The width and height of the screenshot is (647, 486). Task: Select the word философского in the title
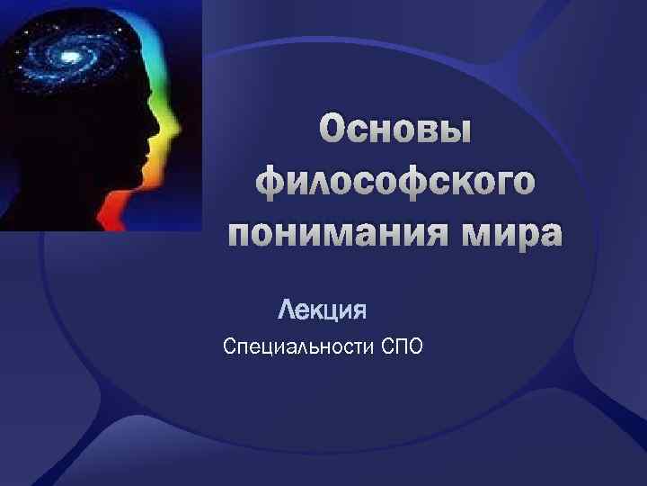(x=395, y=184)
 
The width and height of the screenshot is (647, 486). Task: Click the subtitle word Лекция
(x=323, y=311)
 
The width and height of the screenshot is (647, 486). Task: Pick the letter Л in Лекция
(x=287, y=311)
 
